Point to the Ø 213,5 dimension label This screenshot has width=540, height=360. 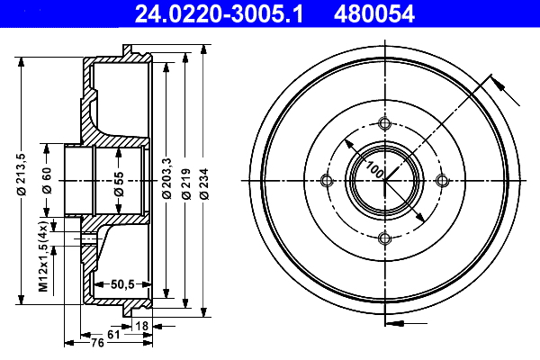pyautogui.click(x=21, y=170)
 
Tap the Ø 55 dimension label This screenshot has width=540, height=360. pyautogui.click(x=119, y=180)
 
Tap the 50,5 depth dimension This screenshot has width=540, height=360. pyautogui.click(x=122, y=284)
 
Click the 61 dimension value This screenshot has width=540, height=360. pyautogui.click(x=112, y=334)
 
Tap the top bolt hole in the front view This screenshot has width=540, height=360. pyautogui.click(x=385, y=123)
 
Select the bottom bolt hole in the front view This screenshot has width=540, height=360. pyautogui.click(x=385, y=238)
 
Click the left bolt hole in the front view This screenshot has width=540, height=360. pyautogui.click(x=328, y=181)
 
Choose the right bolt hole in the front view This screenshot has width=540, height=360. pyautogui.click(x=442, y=181)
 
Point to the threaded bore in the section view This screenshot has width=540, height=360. pyautogui.click(x=89, y=238)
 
